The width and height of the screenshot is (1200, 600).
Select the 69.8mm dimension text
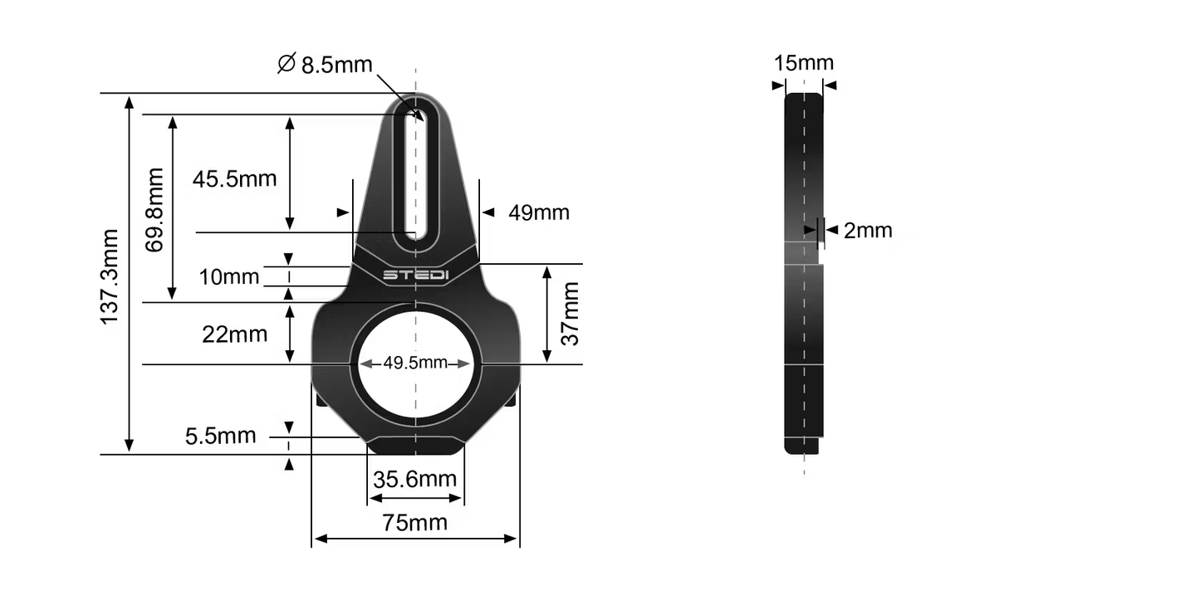[x=154, y=209]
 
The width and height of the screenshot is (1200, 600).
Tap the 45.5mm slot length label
[x=234, y=178]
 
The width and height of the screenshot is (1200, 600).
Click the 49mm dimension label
[x=539, y=212]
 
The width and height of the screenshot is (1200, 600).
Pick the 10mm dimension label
[x=229, y=276]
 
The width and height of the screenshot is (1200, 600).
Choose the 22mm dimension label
[x=234, y=334]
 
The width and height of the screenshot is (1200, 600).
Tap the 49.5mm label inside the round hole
[x=414, y=363]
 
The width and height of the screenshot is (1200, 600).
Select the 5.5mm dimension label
[x=221, y=435]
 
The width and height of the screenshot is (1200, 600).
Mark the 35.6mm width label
[x=414, y=479]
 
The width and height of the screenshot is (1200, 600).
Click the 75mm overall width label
[x=414, y=522]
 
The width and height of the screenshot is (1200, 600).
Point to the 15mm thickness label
[x=803, y=63]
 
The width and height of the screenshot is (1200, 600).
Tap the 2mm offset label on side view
[x=868, y=231]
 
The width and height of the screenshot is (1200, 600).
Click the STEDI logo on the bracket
[x=415, y=275]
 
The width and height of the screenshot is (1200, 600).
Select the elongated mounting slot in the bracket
[x=415, y=174]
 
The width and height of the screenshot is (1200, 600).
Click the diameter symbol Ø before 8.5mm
[x=287, y=64]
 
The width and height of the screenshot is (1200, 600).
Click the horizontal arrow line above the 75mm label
[x=415, y=539]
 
